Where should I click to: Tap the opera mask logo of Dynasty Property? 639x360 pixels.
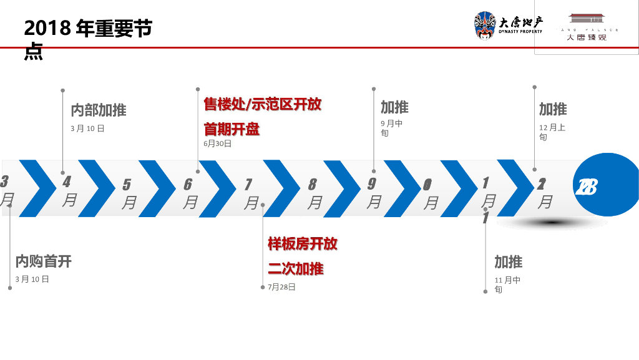point(485,26)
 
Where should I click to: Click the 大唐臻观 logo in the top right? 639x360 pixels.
point(586,27)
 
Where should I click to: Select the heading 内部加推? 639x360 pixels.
point(99,110)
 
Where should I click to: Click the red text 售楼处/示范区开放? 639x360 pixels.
point(263,104)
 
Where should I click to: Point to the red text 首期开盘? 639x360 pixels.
point(232,129)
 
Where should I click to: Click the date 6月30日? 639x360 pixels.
point(218,144)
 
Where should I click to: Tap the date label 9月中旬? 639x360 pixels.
point(391,128)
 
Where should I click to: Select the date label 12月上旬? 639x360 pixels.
point(552,132)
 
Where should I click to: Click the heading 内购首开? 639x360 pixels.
point(44,261)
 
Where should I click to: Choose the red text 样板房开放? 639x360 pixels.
point(303,243)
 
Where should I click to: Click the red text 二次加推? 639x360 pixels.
point(296,269)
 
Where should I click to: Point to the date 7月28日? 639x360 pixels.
point(281,287)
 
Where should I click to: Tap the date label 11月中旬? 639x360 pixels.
point(507,285)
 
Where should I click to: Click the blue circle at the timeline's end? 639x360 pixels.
point(605,185)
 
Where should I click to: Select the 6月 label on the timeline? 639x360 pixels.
point(190,193)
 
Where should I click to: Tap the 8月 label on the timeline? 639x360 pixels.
point(314,193)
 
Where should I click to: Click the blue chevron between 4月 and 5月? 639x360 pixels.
point(97,188)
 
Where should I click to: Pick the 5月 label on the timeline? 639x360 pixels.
point(129,193)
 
